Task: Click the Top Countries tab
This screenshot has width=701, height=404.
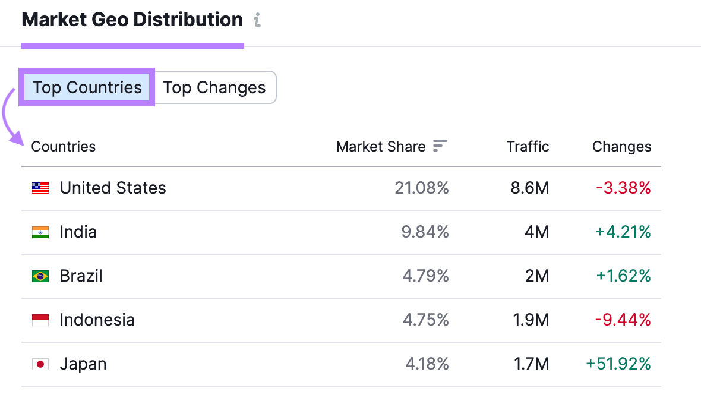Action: coord(87,88)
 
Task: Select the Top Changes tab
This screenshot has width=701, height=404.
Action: coord(214,88)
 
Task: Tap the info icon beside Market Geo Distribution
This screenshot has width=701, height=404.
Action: coord(257,20)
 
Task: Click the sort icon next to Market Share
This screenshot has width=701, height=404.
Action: coord(440,146)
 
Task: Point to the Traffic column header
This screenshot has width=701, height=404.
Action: coord(528,147)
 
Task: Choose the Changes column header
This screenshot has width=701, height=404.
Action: coord(621,147)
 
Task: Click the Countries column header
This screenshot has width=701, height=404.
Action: coord(63,147)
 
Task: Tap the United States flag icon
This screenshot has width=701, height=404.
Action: coord(40,188)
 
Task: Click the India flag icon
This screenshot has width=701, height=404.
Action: coord(40,232)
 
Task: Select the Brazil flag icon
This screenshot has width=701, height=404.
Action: coord(40,276)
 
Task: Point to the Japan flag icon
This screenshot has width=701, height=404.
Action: coord(40,364)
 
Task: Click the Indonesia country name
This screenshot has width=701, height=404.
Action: coord(97,320)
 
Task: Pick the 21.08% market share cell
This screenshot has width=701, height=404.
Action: coord(422,188)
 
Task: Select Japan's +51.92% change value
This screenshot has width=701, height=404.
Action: coord(618,364)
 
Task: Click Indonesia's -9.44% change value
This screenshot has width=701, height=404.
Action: coord(623,320)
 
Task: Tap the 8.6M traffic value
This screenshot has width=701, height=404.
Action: coord(530,188)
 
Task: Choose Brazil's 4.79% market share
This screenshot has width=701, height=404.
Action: coord(425,276)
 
